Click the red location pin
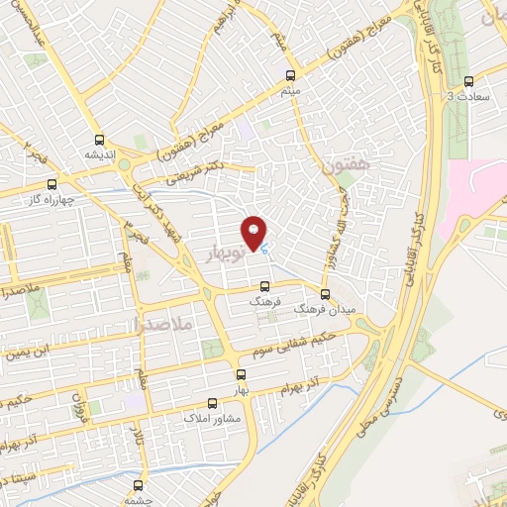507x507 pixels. click(x=254, y=233)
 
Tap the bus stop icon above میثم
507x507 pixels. click(x=290, y=75)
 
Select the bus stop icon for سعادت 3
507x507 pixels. click(x=468, y=81)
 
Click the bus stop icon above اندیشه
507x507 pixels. click(x=99, y=140)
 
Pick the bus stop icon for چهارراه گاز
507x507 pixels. click(x=51, y=183)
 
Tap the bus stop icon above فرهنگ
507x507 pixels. click(x=263, y=285)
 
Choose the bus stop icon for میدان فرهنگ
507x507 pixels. click(x=325, y=294)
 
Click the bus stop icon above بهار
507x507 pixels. click(x=241, y=374)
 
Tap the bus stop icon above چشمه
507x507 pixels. click(x=138, y=485)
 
